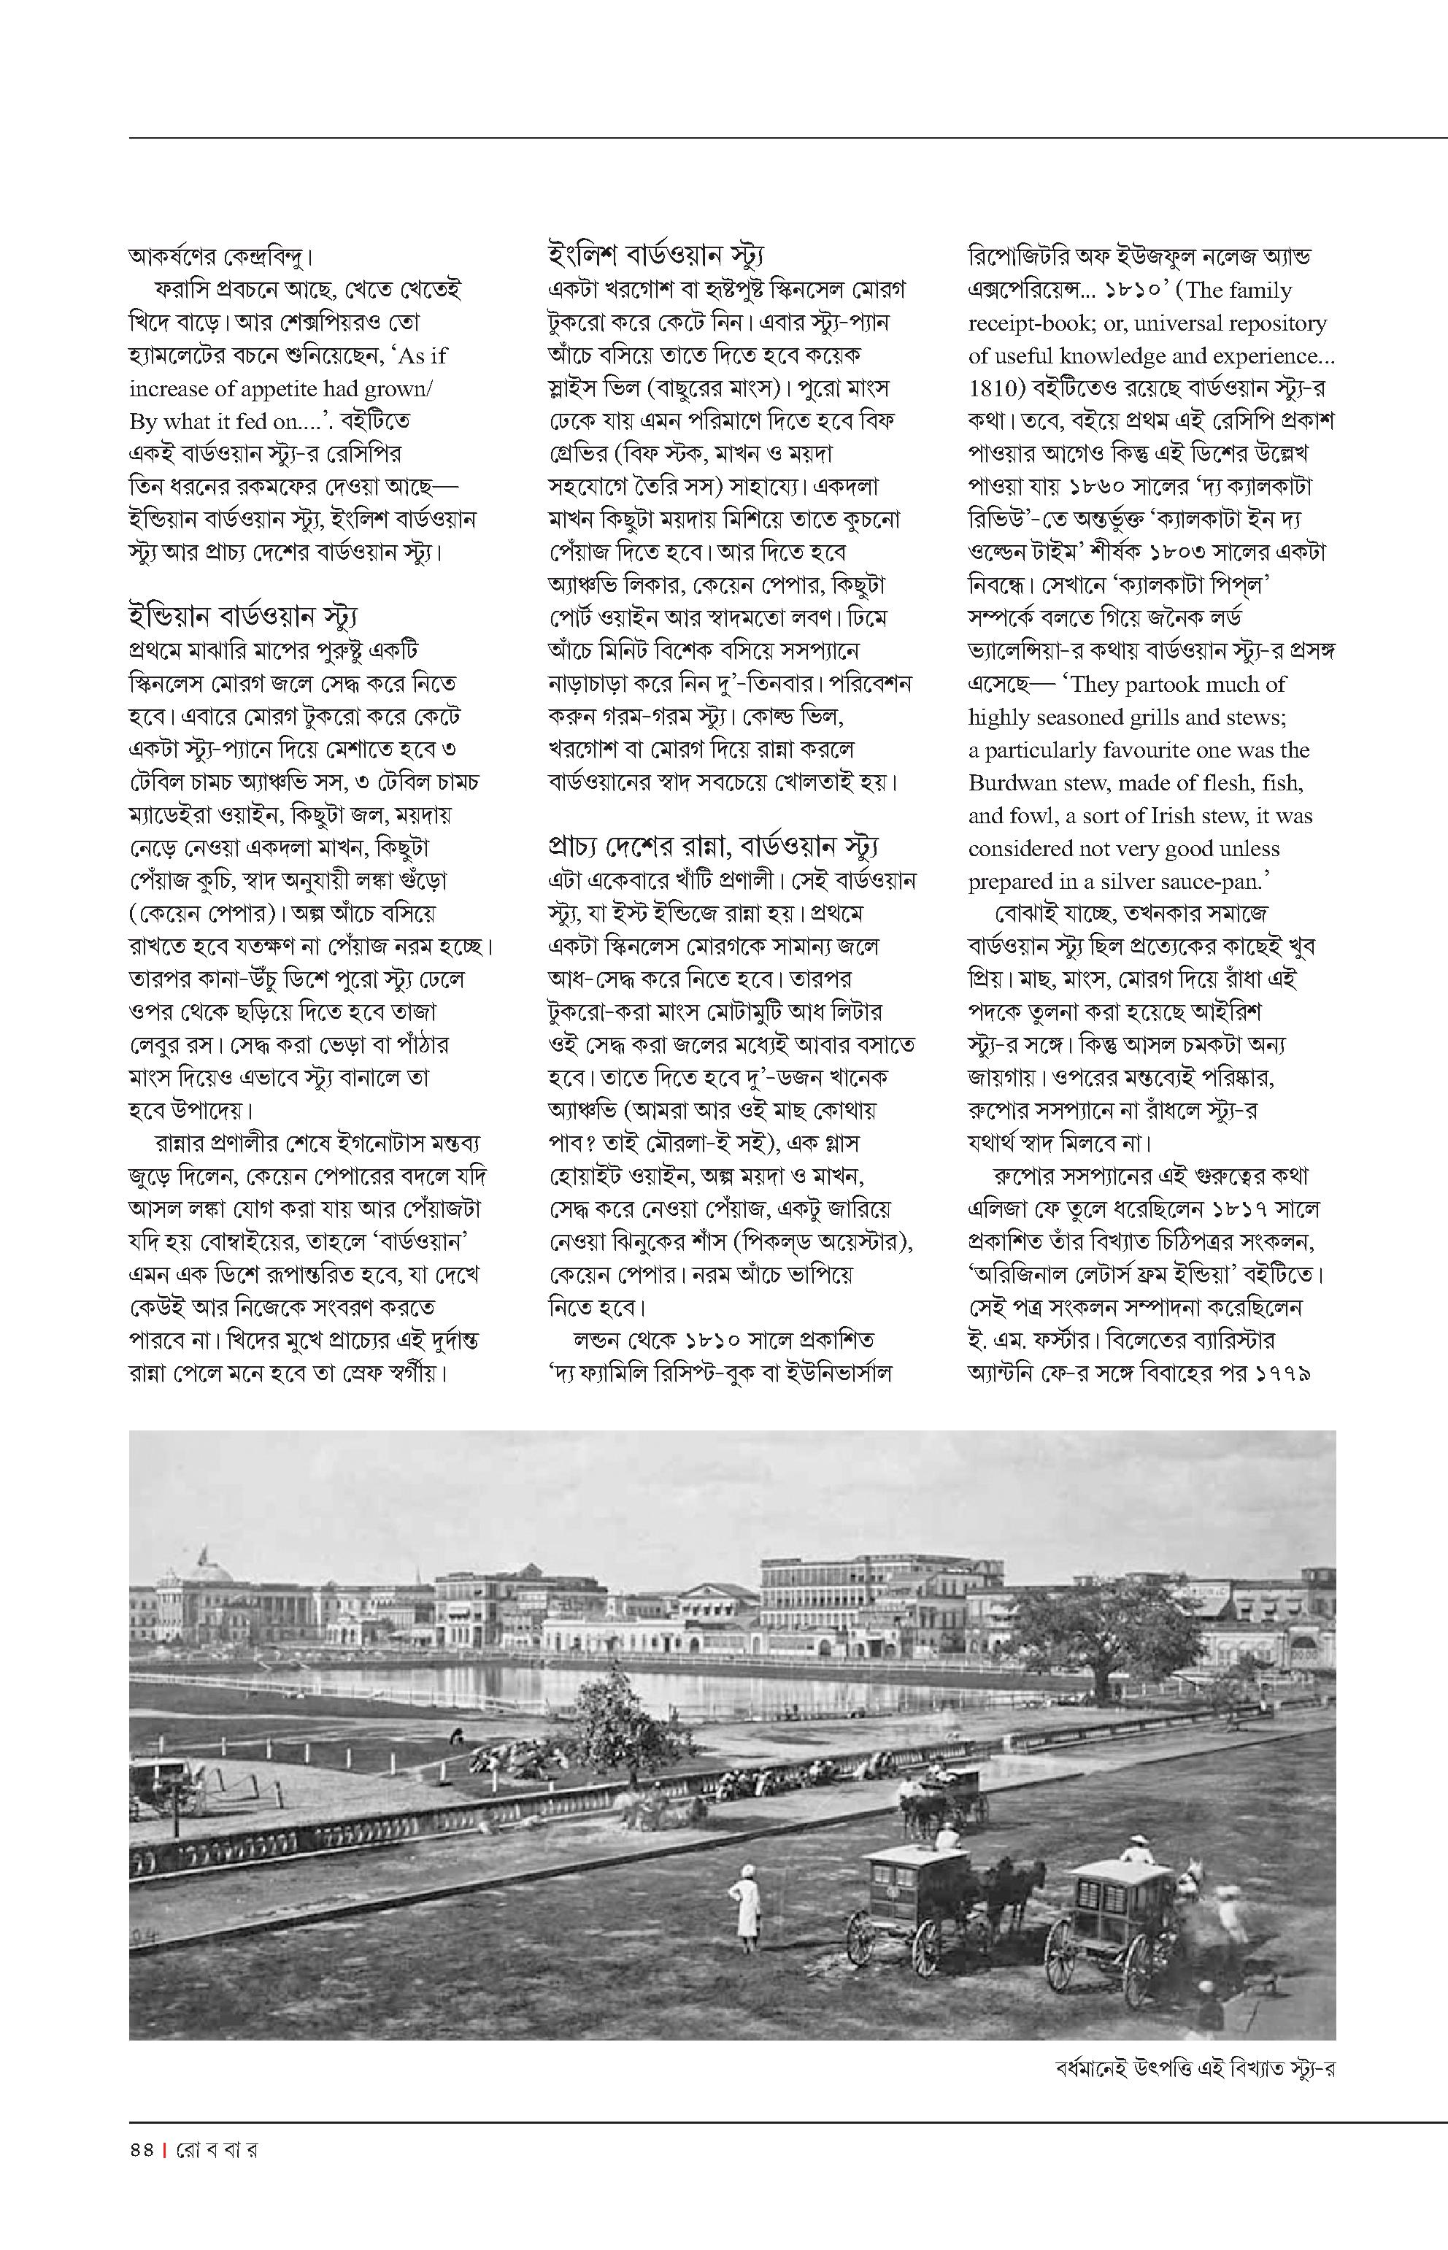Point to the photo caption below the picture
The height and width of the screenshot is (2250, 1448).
tap(1193, 2068)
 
